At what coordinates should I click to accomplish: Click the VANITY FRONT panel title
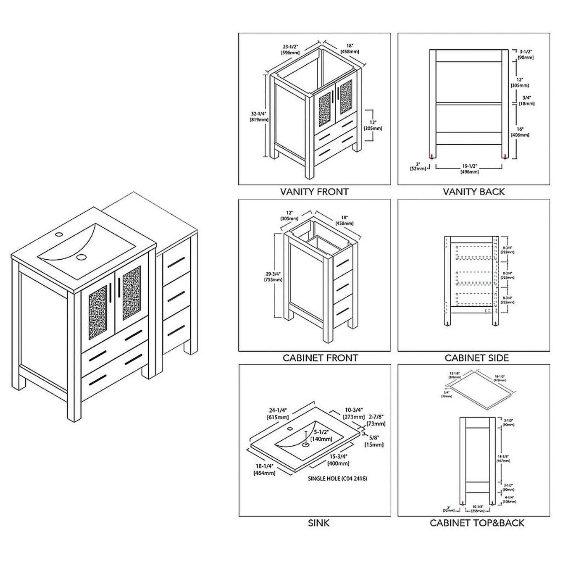(x=314, y=191)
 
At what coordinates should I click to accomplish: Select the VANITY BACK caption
(x=474, y=191)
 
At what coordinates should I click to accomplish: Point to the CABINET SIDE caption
(x=476, y=358)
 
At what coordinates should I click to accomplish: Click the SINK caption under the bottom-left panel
(x=318, y=523)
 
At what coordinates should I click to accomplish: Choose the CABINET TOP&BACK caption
(x=477, y=523)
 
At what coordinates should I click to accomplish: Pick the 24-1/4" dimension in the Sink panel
(x=277, y=414)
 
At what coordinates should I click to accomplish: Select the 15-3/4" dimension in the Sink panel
(x=338, y=460)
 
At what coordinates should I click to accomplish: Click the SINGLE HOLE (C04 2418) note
(x=337, y=479)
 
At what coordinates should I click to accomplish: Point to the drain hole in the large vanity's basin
(x=81, y=257)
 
